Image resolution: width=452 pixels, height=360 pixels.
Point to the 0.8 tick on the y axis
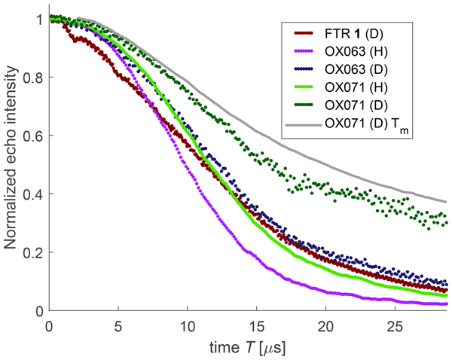click(34, 77)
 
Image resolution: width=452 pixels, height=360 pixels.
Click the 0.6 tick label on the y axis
click(34, 136)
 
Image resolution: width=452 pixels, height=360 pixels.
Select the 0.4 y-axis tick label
click(34, 194)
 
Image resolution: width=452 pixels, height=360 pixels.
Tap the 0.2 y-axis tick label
click(34, 252)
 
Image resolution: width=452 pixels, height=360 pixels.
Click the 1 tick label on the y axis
click(39, 19)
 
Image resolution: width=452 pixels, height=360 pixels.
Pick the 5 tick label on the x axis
click(118, 324)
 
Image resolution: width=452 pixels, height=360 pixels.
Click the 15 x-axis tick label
click(256, 324)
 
